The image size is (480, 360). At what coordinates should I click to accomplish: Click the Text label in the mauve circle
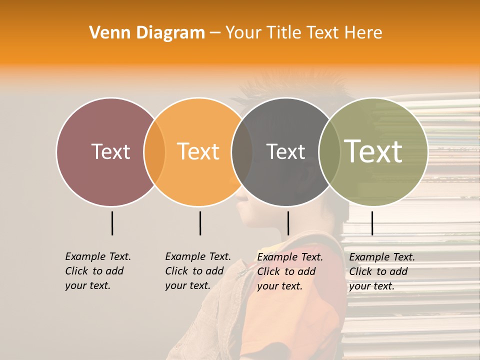tap(110, 151)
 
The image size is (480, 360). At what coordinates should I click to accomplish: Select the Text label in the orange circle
tap(198, 151)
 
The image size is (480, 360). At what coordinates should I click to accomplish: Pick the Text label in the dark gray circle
tap(285, 151)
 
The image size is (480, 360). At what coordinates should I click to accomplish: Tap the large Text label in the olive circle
tap(373, 151)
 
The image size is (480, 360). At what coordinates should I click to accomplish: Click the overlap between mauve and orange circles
tap(154, 152)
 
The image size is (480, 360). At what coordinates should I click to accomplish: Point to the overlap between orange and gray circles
tap(242, 152)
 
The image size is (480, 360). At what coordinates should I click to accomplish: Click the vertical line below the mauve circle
tap(112, 223)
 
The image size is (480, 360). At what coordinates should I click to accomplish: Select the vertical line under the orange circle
tap(200, 223)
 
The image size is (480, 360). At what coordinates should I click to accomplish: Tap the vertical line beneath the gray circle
tap(288, 223)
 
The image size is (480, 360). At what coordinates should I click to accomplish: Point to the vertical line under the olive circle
tap(372, 223)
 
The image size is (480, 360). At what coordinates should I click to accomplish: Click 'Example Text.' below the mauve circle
tap(98, 256)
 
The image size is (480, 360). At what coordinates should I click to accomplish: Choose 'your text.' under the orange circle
tap(187, 285)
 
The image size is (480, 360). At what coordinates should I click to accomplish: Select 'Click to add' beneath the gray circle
tap(286, 271)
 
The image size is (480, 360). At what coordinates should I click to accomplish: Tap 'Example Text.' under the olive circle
tap(382, 257)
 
